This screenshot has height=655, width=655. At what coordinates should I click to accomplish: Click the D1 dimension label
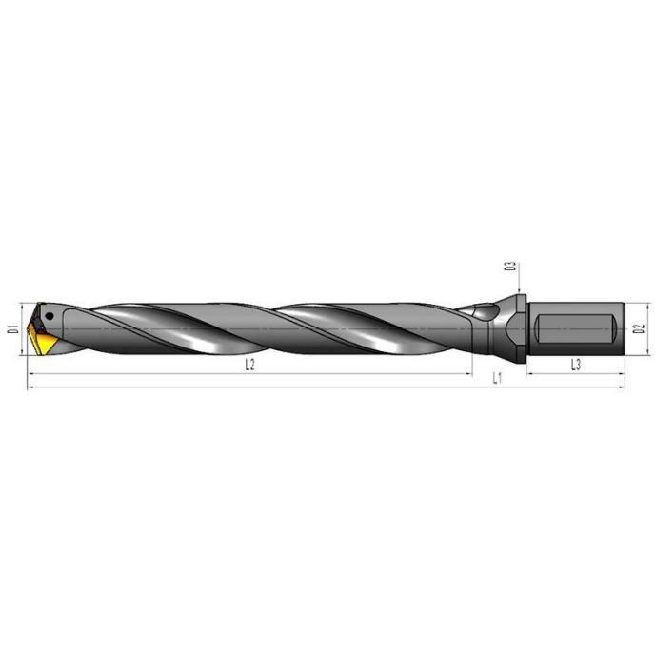pyautogui.click(x=14, y=328)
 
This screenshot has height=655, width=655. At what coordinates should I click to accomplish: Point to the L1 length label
pyautogui.click(x=496, y=379)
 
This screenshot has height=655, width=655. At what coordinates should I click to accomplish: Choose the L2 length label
pyautogui.click(x=249, y=365)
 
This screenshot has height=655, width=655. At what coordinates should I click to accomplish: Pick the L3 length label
pyautogui.click(x=576, y=365)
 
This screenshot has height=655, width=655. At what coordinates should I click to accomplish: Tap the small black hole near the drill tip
pyautogui.click(x=50, y=316)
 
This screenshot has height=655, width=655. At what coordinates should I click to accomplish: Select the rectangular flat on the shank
pyautogui.click(x=575, y=328)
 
